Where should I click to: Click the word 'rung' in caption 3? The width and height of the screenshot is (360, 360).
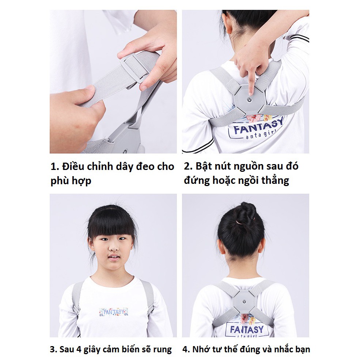pos(163,350)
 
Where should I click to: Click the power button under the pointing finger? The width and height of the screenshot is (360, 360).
pos(250,99)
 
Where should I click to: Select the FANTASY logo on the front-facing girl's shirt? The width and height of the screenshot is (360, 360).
pos(113,312)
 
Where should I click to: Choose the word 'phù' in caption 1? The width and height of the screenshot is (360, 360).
pos(60,181)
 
